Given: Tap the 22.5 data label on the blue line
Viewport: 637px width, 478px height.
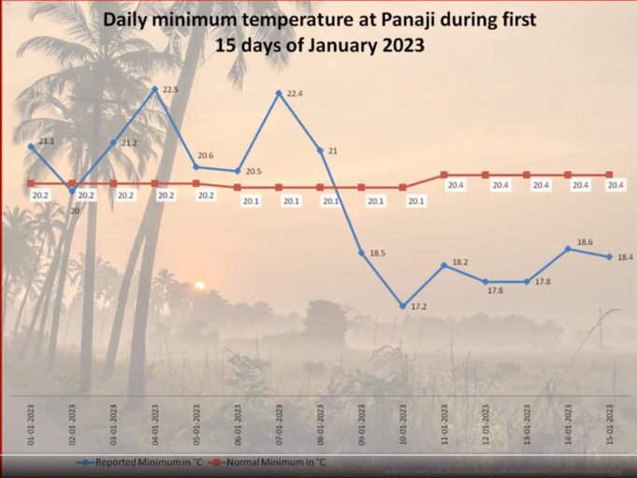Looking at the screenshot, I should point(171,90).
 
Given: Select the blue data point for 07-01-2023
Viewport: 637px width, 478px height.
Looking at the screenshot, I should point(279,93).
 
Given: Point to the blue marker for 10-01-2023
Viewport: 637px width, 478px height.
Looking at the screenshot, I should point(402,306).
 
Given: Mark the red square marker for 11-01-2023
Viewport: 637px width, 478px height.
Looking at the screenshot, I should point(444,175).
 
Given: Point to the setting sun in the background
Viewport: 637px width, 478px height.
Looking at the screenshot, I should point(198,285).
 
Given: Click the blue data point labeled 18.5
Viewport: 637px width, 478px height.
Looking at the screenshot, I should point(361,253).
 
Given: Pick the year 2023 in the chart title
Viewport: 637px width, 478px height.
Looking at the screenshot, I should point(391,44).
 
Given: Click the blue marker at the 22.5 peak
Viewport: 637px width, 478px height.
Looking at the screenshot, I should point(155,89).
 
